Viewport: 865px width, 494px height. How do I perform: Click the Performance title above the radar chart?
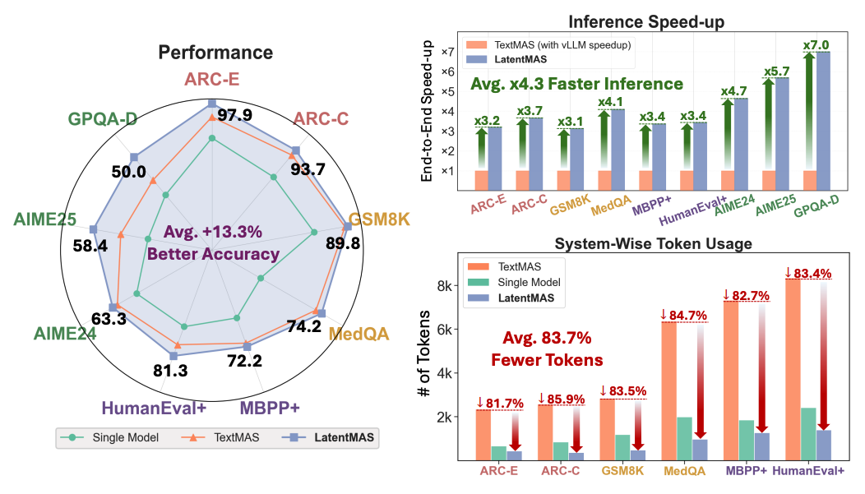215,53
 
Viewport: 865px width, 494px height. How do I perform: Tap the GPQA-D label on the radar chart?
103,118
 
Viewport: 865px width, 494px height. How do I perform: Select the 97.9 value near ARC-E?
234,115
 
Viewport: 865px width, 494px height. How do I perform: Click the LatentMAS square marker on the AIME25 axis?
94,229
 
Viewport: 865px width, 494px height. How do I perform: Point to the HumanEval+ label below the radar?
154,408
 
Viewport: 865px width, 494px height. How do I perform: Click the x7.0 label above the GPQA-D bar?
816,44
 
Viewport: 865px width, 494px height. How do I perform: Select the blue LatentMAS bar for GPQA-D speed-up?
823,121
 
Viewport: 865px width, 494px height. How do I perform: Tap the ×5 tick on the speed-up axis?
448,91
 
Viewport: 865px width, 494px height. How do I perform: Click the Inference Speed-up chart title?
646,21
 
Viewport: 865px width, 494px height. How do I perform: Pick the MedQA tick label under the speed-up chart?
611,205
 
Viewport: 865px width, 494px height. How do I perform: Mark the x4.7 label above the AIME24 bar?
733,91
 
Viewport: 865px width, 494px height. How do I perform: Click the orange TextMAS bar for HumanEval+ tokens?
792,369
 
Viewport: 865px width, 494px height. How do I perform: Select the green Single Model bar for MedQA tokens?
684,438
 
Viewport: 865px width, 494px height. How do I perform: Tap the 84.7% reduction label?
683,316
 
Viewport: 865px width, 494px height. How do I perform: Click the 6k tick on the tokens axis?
444,330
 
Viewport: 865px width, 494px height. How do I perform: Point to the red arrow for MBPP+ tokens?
762,367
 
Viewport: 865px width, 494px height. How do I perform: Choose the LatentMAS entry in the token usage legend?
511,298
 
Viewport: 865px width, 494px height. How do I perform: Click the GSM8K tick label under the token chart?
622,471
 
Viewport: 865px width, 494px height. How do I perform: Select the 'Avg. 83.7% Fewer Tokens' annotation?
547,349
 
